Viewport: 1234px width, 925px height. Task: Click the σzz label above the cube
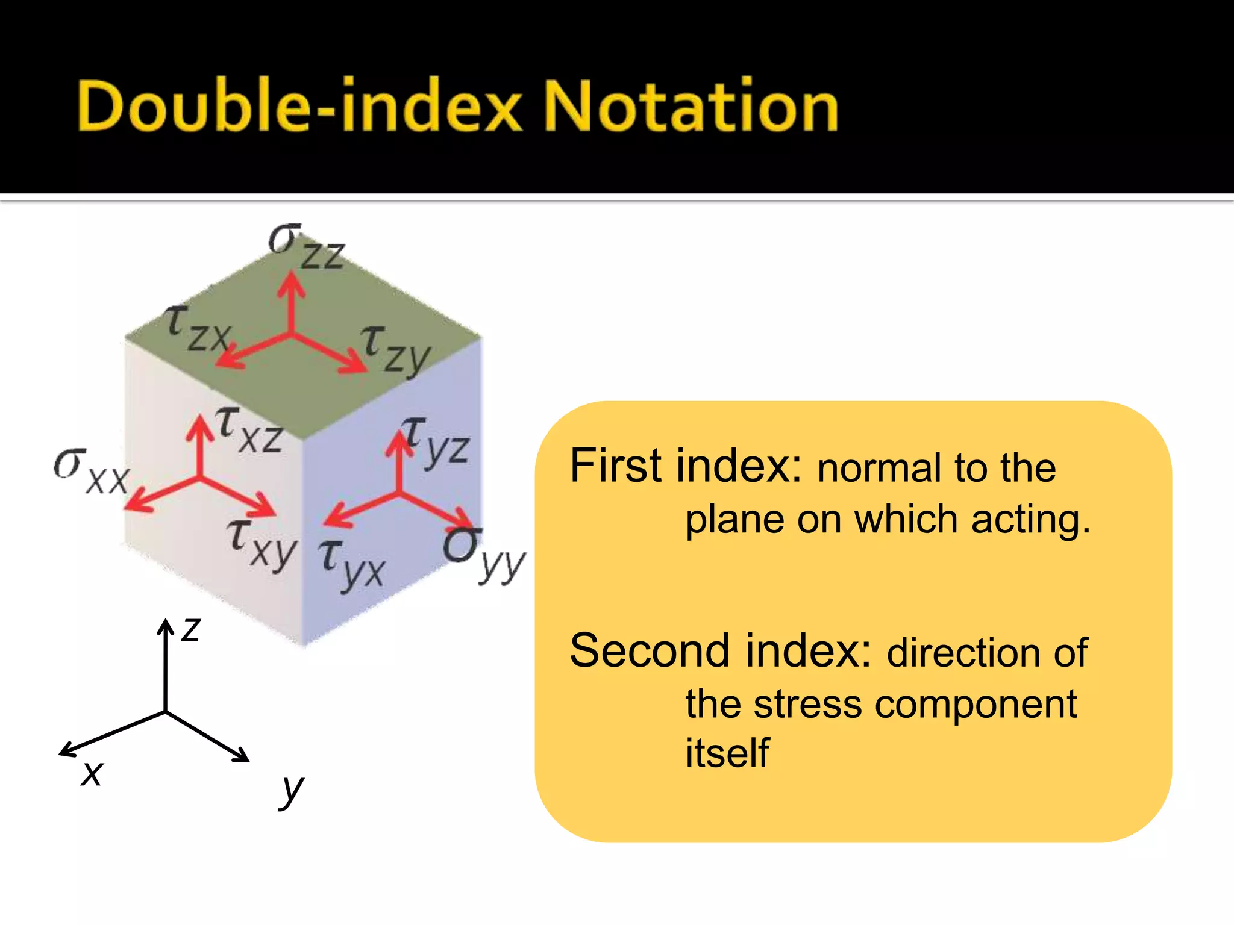[306, 247]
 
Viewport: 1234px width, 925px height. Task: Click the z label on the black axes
[190, 630]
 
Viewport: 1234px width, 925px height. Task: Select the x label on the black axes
[92, 773]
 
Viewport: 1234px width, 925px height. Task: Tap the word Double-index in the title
[299, 107]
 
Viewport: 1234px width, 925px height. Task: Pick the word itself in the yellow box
[727, 753]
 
